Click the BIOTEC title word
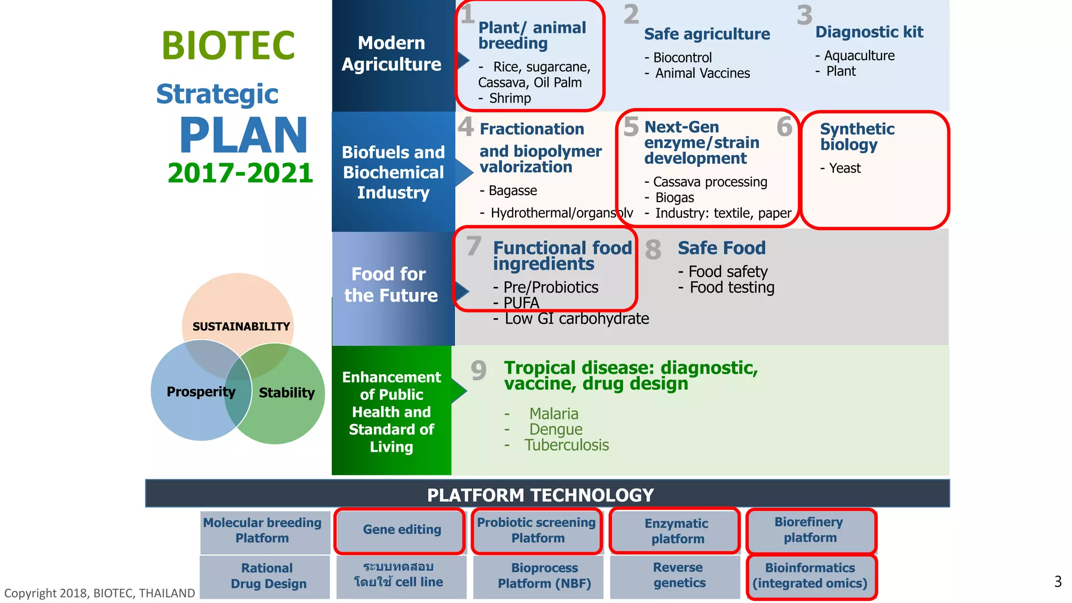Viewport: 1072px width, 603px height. pos(228,46)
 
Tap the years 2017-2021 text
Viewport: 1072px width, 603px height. pos(240,173)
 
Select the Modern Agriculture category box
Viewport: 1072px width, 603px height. pos(393,54)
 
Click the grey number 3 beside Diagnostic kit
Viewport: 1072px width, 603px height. pos(805,15)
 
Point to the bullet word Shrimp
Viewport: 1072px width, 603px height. pos(510,98)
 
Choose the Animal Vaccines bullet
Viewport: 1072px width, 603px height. pos(702,73)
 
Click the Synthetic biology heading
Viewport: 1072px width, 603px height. pos(857,137)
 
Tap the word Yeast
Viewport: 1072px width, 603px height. pos(845,169)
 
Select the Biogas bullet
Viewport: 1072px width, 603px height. pos(675,198)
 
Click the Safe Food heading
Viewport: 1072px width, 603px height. pos(721,248)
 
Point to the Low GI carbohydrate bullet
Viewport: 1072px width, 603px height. pos(576,319)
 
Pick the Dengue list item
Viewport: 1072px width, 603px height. pos(555,430)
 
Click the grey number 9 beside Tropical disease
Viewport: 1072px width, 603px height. pos(478,371)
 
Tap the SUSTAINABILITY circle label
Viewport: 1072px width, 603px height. pos(241,327)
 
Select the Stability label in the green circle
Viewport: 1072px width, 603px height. pos(287,393)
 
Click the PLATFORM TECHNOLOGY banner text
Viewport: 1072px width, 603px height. pos(540,495)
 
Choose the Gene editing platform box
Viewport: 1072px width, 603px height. pos(401,530)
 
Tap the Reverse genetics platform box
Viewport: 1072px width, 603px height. pos(679,575)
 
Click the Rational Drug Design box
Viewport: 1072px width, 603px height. pos(267,576)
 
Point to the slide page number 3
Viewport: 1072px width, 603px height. pos(1057,582)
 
